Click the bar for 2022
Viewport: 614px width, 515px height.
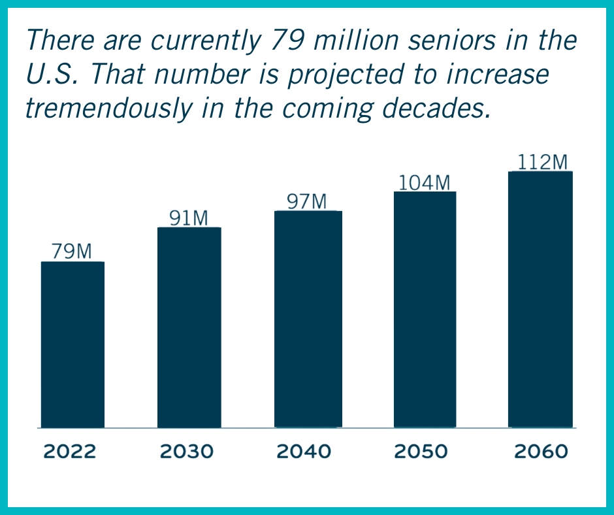pos(73,344)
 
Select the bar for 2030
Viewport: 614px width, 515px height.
pos(189,327)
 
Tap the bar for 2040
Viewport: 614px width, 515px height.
pos(308,319)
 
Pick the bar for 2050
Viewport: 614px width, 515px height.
pos(425,310)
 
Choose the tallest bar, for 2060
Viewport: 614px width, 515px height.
pos(540,299)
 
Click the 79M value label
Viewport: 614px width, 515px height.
pos(72,251)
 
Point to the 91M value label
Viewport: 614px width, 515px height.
pos(188,218)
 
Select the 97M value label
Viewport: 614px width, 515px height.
pos(306,201)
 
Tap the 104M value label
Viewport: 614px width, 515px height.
pos(425,182)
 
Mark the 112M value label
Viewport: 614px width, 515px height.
pos(542,162)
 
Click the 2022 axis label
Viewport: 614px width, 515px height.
pos(69,452)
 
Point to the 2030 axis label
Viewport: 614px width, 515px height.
pos(186,452)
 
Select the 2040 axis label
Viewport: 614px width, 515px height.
pos(304,452)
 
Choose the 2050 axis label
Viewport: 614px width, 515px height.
pos(421,452)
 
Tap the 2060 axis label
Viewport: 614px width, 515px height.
pos(541,452)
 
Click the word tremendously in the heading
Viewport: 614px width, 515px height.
pos(109,108)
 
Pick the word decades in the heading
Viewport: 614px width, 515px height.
pos(436,108)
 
